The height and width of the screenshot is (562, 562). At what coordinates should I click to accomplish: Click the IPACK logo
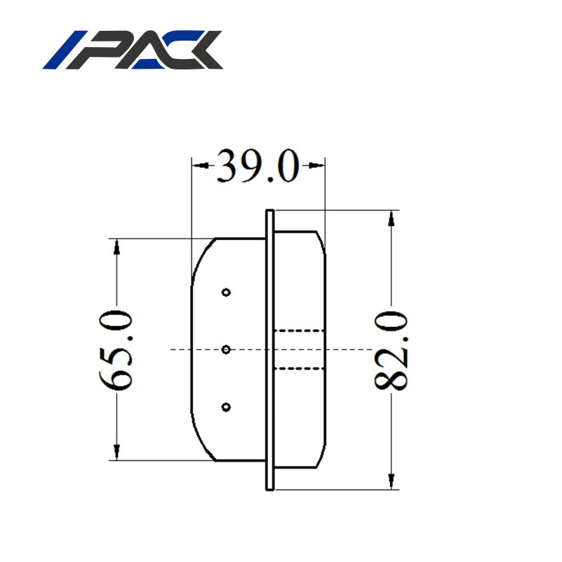click(133, 51)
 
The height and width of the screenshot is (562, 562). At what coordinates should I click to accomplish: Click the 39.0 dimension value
click(257, 166)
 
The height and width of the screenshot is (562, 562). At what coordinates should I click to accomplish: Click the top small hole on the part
click(226, 292)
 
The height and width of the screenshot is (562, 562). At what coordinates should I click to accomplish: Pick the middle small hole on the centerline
click(226, 349)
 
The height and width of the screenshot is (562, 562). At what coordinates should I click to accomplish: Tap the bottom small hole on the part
click(226, 406)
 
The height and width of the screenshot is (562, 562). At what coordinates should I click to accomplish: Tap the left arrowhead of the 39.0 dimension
click(199, 166)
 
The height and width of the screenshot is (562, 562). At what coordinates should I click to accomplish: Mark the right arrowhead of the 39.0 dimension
click(317, 166)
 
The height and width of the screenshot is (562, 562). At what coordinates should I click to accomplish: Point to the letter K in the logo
click(200, 51)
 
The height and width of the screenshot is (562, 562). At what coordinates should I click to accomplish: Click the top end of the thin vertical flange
click(269, 210)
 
